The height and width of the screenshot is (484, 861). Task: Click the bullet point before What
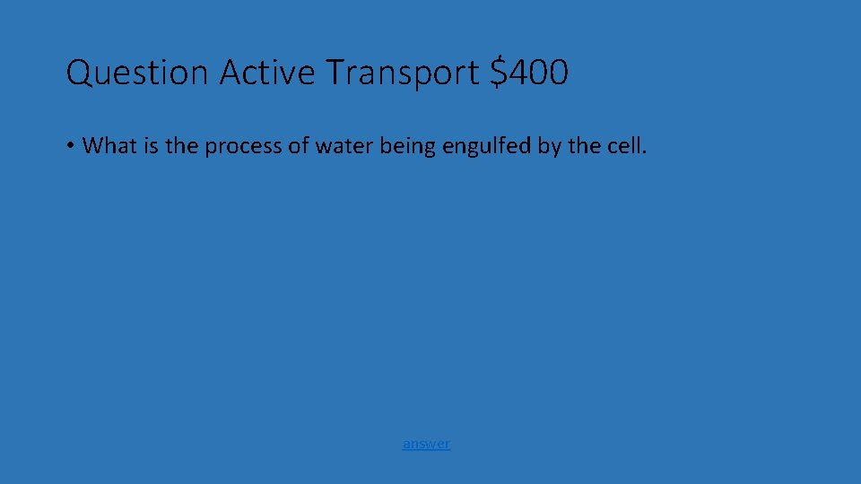tap(70, 146)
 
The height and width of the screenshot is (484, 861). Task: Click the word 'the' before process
tap(182, 146)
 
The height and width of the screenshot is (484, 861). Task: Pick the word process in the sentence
tap(243, 146)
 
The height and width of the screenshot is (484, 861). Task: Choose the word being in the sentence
tap(405, 146)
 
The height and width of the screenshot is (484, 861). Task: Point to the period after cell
tap(643, 151)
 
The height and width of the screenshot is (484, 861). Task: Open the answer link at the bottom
tap(426, 443)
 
